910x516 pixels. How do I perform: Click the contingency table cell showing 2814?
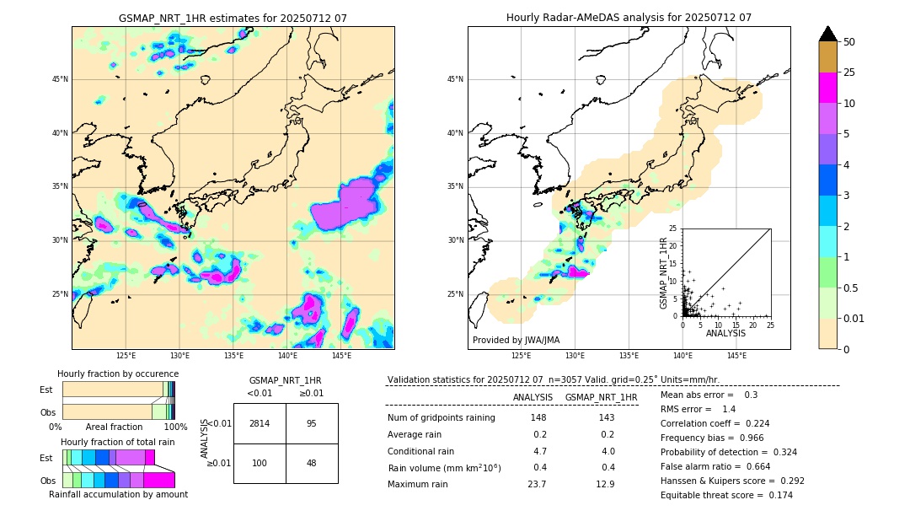259,423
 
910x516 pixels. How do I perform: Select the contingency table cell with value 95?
311,423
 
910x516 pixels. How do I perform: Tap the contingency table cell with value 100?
259,463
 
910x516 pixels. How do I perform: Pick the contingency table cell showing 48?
311,463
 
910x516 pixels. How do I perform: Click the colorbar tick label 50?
849,42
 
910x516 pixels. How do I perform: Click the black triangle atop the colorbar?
828,34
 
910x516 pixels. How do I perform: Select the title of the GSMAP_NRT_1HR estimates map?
233,19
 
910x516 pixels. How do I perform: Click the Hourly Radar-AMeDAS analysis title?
629,18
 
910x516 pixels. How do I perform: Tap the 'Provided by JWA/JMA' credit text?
516,340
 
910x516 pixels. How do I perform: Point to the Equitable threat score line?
726,495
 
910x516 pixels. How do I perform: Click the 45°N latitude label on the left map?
60,79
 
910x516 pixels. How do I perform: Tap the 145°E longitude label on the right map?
736,356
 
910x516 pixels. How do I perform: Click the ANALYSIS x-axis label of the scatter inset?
725,333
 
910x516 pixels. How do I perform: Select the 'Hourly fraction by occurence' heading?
118,374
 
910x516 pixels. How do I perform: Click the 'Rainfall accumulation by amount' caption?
118,495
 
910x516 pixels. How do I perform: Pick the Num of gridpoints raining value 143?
606,418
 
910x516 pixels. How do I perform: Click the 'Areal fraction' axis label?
114,427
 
